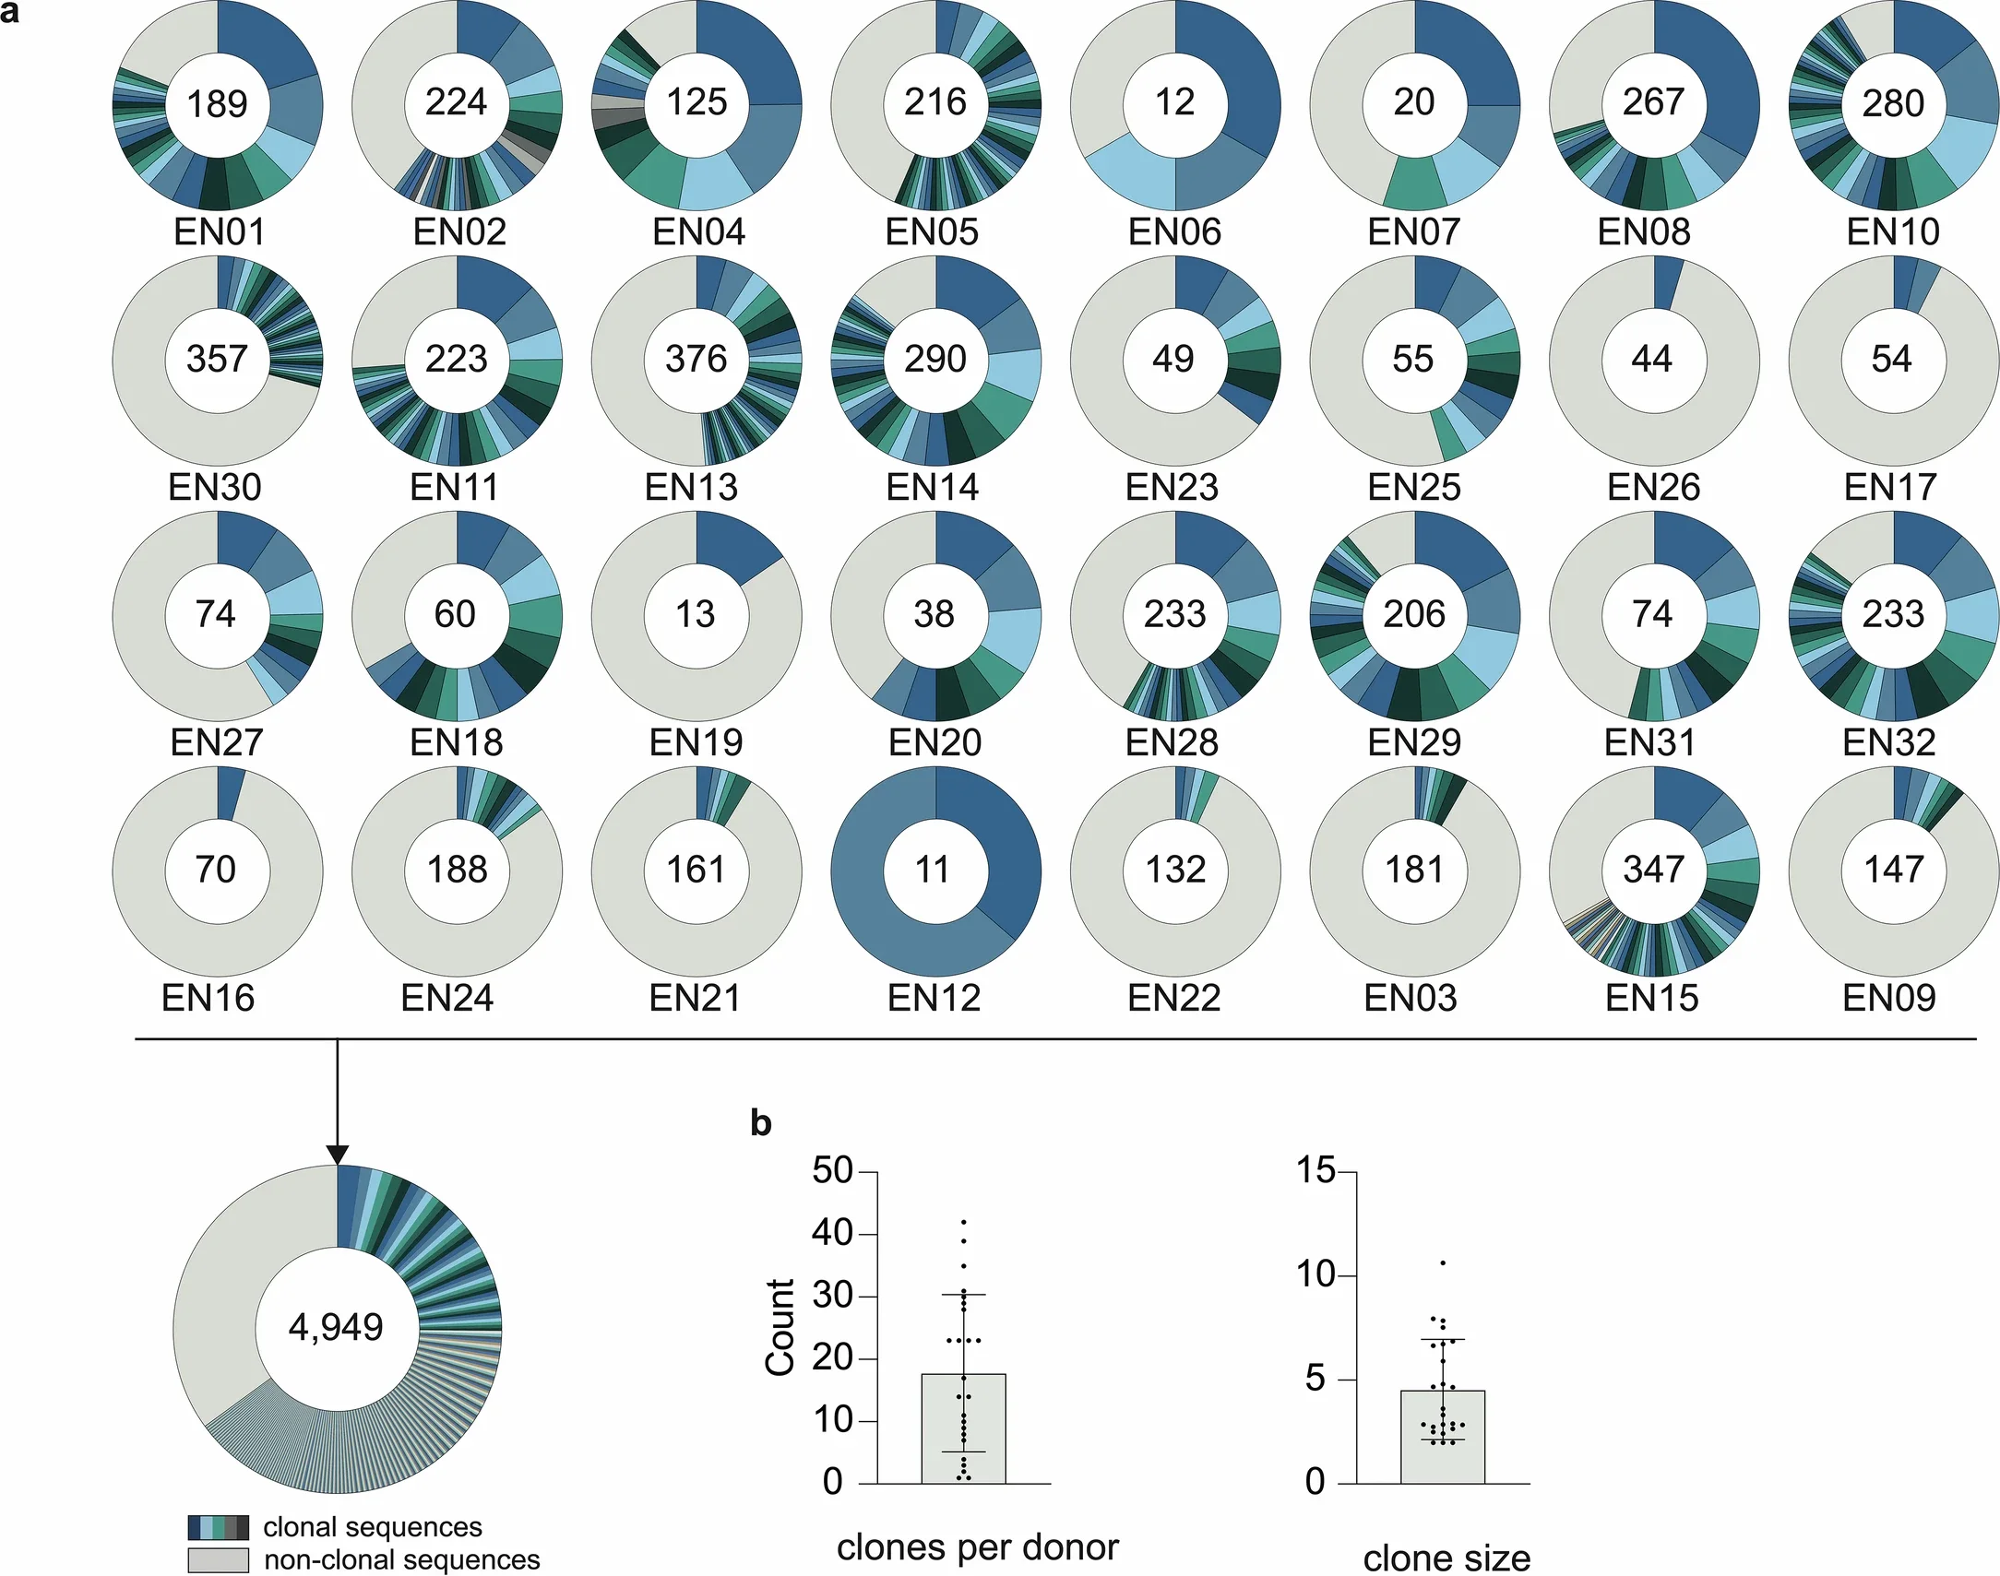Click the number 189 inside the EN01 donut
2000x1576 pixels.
pos(217,103)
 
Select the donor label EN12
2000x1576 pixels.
pos(934,998)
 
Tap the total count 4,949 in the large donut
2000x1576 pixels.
pos(336,1327)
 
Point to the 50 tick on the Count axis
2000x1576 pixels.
pos(833,1171)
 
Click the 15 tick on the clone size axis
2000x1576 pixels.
pos(1315,1171)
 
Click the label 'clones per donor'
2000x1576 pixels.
pos(977,1547)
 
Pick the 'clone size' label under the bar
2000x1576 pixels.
pos(1446,1558)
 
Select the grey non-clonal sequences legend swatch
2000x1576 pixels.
pos(219,1560)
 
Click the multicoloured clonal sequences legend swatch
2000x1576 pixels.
pos(219,1527)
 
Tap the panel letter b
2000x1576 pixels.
pos(760,1124)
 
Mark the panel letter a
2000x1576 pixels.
pos(10,13)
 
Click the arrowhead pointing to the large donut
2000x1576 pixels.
pos(338,1155)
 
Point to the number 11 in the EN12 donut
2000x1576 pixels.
pos(933,870)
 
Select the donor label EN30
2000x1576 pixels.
pos(215,487)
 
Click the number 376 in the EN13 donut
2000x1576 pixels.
pos(696,359)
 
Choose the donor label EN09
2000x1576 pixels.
pos(1889,998)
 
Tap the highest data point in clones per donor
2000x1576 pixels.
pos(963,1223)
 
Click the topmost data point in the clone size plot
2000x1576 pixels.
pos(1443,1262)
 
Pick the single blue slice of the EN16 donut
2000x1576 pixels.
pos(230,794)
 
